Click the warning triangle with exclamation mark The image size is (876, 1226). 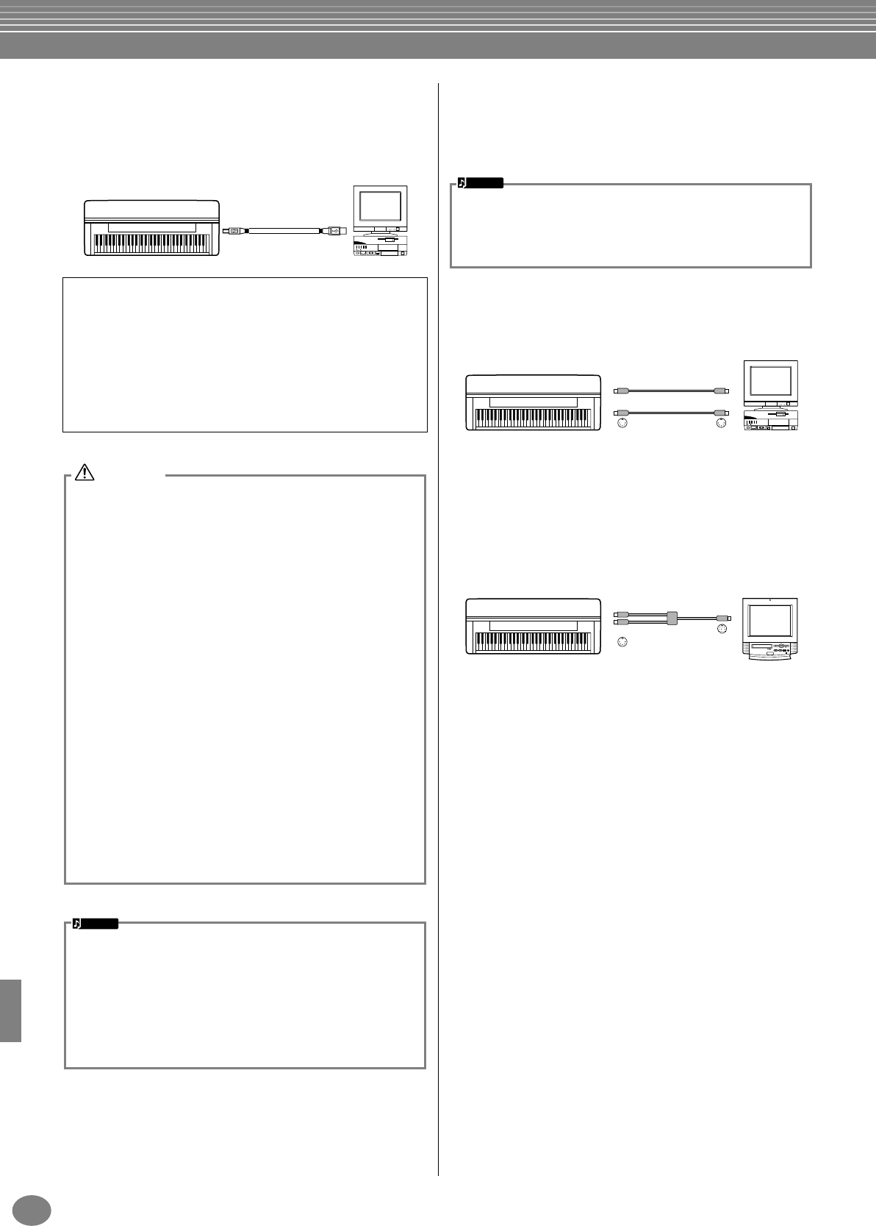[85, 473]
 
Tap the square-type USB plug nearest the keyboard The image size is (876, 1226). [234, 230]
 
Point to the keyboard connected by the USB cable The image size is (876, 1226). [152, 227]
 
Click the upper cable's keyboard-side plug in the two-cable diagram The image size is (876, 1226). [620, 390]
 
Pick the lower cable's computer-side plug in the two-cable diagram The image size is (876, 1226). [720, 413]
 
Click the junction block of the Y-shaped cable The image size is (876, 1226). [671, 618]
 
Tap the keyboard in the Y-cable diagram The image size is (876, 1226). [534, 626]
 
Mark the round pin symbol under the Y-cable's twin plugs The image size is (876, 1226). [623, 642]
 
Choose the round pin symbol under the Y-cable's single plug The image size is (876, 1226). [721, 630]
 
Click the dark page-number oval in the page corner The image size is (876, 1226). [32, 1208]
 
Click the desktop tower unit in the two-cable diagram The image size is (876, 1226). [770, 422]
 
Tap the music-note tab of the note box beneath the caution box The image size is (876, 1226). [96, 924]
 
